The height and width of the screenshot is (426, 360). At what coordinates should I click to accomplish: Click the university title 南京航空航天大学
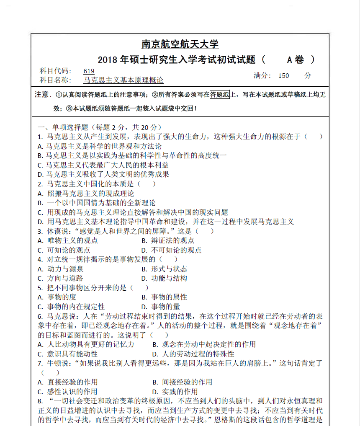point(180,44)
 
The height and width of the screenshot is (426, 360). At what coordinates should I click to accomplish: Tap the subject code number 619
point(89,71)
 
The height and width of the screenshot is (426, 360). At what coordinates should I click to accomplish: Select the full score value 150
point(283,76)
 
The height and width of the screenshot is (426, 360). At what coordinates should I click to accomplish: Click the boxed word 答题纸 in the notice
point(220,95)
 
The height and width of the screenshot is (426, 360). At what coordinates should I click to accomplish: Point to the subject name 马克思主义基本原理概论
point(123,80)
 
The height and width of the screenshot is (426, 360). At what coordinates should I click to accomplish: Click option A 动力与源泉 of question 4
point(64,269)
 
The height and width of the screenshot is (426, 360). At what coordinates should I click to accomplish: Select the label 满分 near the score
point(262,76)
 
